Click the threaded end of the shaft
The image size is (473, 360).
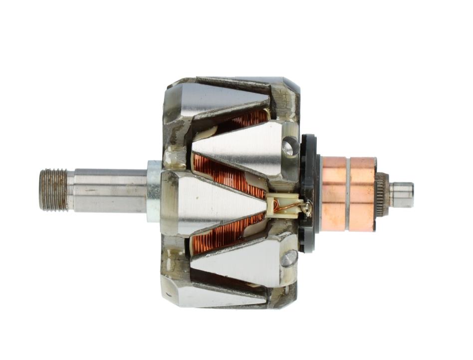(53, 190)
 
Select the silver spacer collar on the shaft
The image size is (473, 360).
(154, 191)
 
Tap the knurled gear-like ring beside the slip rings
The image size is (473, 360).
(382, 195)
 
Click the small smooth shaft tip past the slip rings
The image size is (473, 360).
(402, 195)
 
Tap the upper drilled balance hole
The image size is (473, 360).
(288, 146)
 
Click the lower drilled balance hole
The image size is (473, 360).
(288, 258)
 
